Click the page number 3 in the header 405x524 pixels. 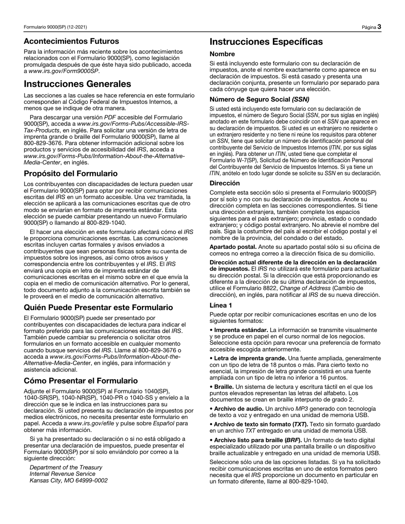pyautogui.click(x=379, y=27)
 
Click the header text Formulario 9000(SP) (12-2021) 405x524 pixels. pyautogui.click(x=55, y=27)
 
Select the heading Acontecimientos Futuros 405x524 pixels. pyautogui.click(x=71, y=41)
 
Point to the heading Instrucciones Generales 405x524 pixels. pyautogui.click(x=77, y=84)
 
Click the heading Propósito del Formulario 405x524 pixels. pyautogui.click(x=71, y=173)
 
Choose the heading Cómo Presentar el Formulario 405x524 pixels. pyautogui.click(x=81, y=380)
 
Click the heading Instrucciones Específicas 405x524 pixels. pyautogui.click(x=266, y=42)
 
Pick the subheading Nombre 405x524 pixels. pyautogui.click(x=222, y=54)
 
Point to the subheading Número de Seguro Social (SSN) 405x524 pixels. pyautogui.click(x=259, y=99)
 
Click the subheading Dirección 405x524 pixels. pyautogui.click(x=225, y=183)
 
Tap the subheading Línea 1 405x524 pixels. pyautogui.click(x=221, y=305)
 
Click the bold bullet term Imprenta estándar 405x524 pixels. pyautogui.click(x=241, y=330)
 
